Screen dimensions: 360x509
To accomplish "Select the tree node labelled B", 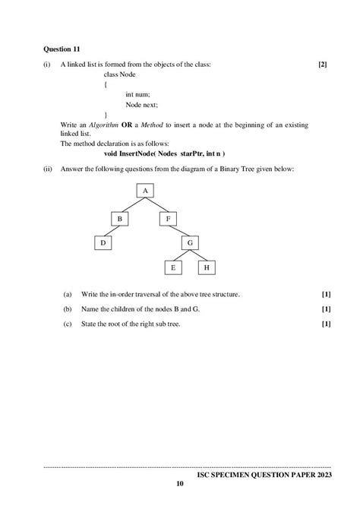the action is [119, 219].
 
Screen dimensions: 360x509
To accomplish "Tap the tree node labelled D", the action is [103, 243].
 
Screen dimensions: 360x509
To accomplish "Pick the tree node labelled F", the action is [168, 219].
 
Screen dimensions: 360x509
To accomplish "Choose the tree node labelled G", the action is [191, 243].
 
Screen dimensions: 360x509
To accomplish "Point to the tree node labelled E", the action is [173, 267].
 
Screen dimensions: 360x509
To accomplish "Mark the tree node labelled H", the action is [207, 267].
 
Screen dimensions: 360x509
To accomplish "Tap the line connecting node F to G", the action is [179, 231].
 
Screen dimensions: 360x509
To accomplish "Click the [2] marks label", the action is [323, 65].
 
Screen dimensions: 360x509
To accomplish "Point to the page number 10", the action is [180, 484].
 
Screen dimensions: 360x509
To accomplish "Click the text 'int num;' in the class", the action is [138, 94].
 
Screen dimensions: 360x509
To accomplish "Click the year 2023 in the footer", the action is [320, 473].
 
